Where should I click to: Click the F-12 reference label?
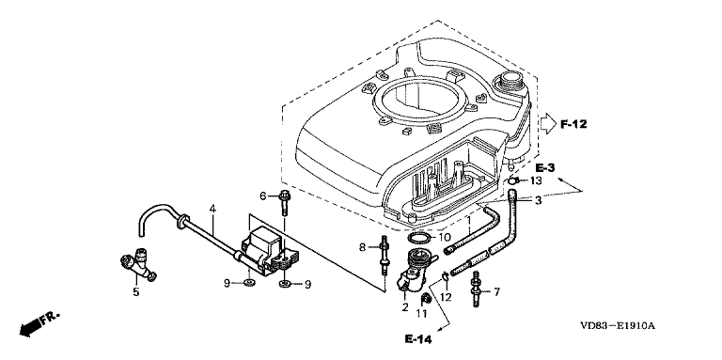pos(573,124)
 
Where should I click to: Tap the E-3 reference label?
pos(545,166)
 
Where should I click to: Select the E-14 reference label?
pos(418,339)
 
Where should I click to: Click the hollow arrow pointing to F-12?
pos(548,124)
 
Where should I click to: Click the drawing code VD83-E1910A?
pos(618,326)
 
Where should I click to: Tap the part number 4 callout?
pos(212,209)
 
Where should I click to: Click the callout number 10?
pos(444,238)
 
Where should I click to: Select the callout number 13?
pos(536,180)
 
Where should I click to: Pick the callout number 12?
pos(446,297)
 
